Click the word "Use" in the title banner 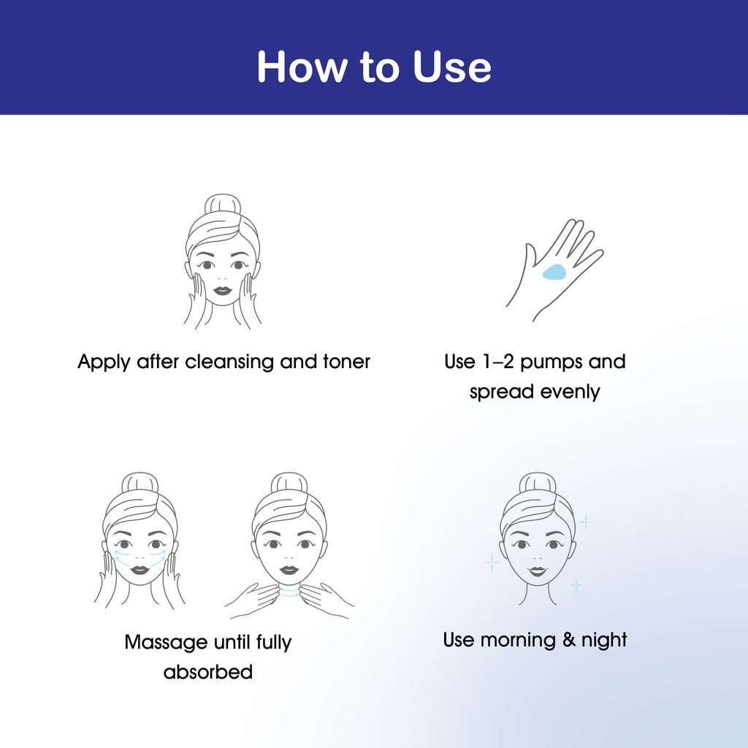[x=451, y=66]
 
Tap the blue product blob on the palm [x=554, y=272]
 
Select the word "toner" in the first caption [x=346, y=362]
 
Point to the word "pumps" [x=552, y=362]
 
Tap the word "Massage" [x=166, y=643]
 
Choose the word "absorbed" [x=208, y=672]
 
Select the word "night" [x=604, y=641]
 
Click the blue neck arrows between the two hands [x=289, y=592]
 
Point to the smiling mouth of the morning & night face [x=537, y=571]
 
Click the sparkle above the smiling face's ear [x=585, y=523]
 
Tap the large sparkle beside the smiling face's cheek [x=492, y=563]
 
